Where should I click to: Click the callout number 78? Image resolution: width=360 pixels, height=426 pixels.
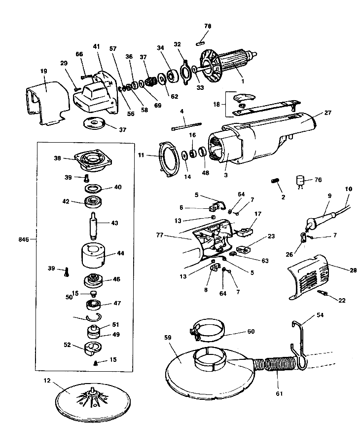[x=208, y=26]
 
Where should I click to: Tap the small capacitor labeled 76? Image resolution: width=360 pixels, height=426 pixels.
[x=301, y=180]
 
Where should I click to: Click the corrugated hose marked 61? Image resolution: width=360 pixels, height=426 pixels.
[x=279, y=365]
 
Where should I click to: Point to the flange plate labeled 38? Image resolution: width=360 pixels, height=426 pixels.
[x=94, y=160]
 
